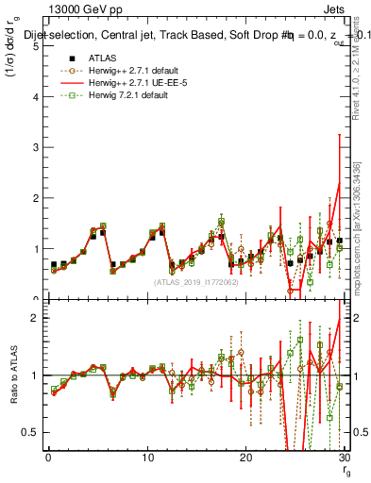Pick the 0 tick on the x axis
[x=48, y=458]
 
